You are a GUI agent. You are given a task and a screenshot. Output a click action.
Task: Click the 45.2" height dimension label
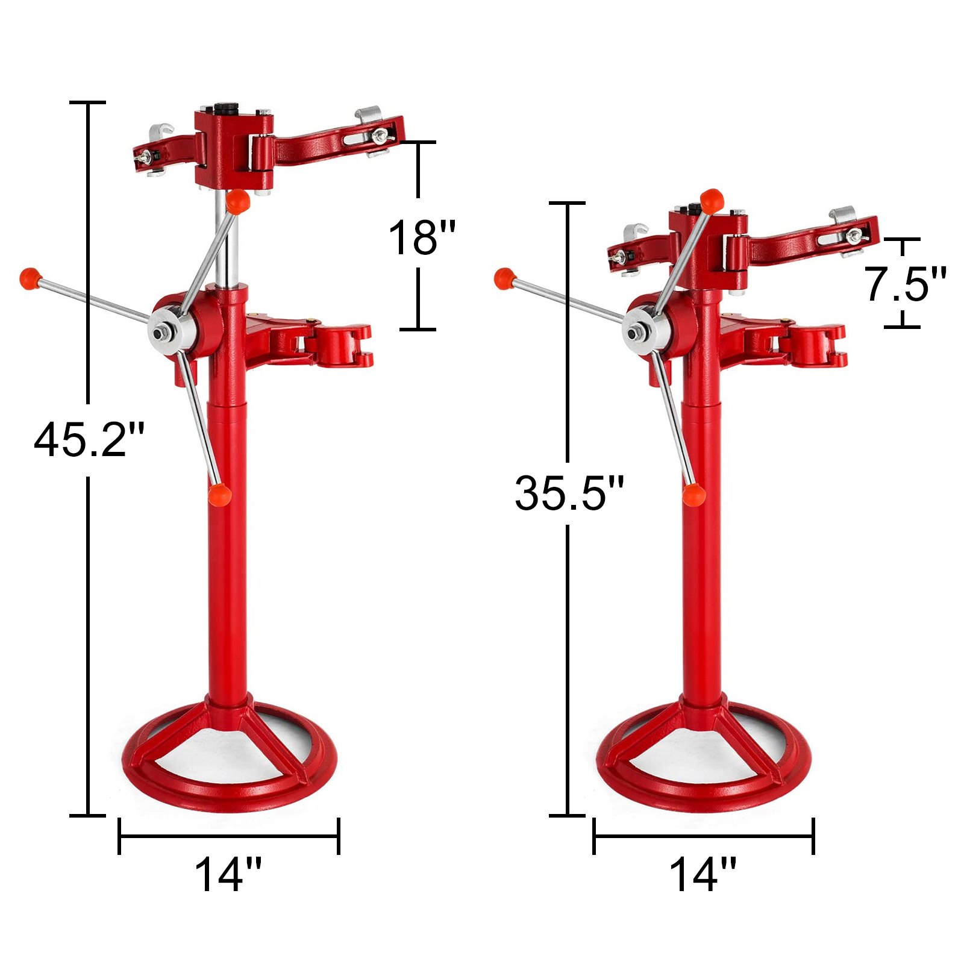89,440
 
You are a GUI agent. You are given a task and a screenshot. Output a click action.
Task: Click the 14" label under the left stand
228,875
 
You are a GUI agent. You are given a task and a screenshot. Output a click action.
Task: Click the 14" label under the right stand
703,875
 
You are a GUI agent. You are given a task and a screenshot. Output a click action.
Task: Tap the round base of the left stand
229,783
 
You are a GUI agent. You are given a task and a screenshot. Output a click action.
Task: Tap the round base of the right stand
704,783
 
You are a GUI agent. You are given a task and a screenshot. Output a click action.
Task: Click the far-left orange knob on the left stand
29,277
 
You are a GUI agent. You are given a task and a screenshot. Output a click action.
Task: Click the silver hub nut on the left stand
161,332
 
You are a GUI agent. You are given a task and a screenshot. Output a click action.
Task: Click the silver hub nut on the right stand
636,332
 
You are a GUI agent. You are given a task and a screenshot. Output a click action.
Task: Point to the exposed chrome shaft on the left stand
227,241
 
